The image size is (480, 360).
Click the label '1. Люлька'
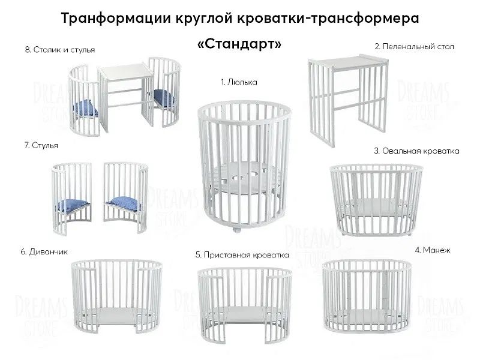point(239,82)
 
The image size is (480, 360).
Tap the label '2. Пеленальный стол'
point(414,46)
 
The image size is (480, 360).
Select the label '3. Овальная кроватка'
point(416,152)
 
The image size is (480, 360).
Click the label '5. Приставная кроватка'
point(242,254)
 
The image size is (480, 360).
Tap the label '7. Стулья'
point(38,145)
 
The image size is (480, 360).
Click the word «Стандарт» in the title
point(239,46)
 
